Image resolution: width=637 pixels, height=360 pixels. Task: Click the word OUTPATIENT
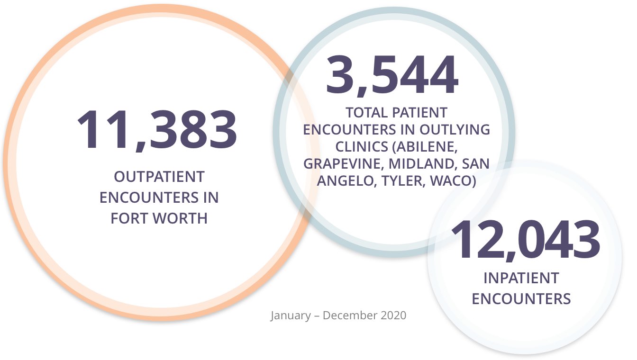(159, 177)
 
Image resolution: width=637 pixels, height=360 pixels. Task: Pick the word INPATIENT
(521, 278)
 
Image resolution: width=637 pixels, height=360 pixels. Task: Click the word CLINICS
(362, 147)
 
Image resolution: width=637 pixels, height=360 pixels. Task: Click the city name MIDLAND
(420, 164)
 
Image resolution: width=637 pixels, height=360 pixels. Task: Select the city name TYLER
(402, 181)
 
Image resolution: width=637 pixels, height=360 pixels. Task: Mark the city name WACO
(453, 181)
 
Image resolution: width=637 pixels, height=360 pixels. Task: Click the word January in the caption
(290, 315)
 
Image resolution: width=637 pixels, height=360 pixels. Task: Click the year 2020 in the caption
(393, 315)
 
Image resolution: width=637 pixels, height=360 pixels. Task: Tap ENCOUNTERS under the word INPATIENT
(521, 299)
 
